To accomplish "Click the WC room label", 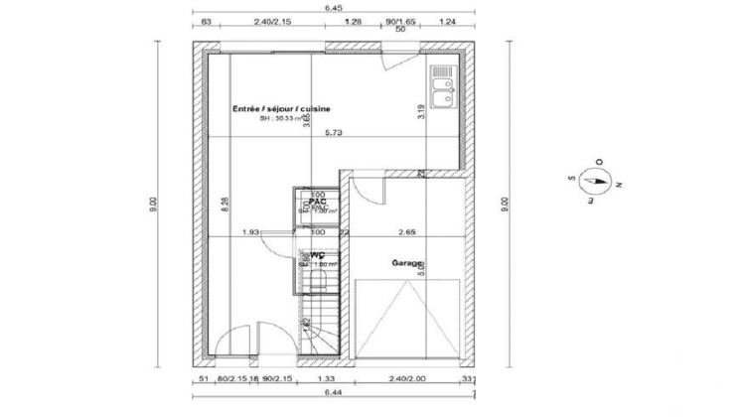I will [318, 254].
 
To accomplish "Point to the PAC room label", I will [318, 201].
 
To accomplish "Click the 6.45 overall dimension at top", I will [334, 8].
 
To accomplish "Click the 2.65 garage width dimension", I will [405, 233].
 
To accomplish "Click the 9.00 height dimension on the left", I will [153, 205].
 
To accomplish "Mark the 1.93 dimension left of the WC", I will [251, 233].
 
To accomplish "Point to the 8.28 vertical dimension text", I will [225, 205].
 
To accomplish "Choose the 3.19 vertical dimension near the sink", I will [421, 112].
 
